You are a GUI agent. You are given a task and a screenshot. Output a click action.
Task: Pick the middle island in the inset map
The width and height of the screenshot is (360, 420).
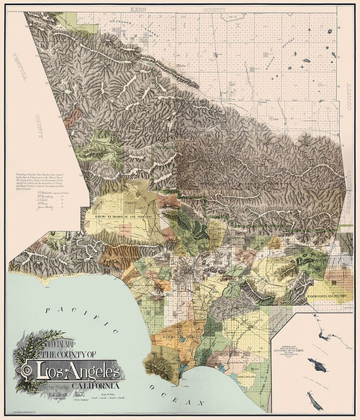tap(316, 366)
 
